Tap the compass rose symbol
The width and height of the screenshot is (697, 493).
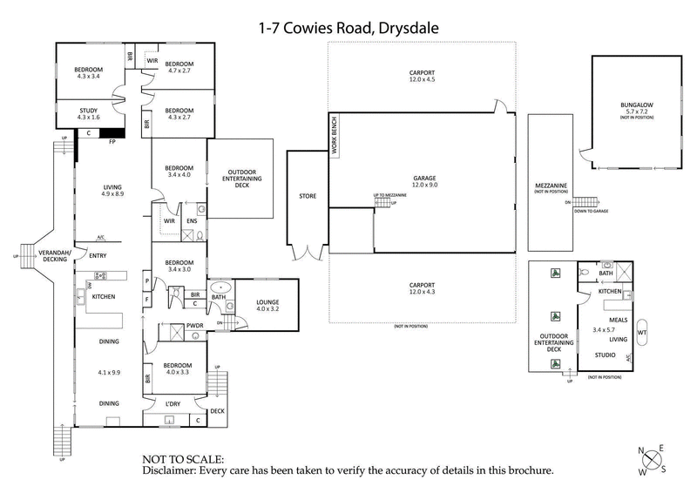pyautogui.click(x=652, y=460)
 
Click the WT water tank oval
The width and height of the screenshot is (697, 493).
pyautogui.click(x=642, y=332)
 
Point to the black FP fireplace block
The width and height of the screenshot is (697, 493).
pyautogui.click(x=112, y=133)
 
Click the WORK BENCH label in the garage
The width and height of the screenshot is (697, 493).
pyautogui.click(x=334, y=136)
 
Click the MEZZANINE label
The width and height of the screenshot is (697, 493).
pyautogui.click(x=552, y=186)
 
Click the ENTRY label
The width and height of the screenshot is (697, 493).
pyautogui.click(x=98, y=255)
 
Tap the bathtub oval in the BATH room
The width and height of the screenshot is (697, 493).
pyautogui.click(x=220, y=287)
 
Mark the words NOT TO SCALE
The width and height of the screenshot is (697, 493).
pyautogui.click(x=182, y=458)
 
